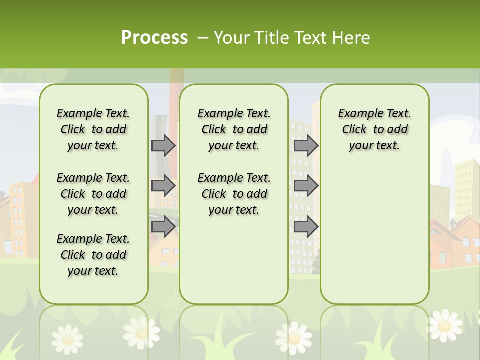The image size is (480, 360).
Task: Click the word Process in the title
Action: click(x=154, y=38)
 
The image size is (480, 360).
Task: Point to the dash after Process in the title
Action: click(x=203, y=38)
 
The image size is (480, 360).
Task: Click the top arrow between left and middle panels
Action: click(x=163, y=145)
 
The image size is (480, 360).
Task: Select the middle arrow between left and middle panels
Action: click(x=163, y=186)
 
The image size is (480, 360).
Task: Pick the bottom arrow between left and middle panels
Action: click(x=163, y=226)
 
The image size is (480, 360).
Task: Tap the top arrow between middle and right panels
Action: click(x=306, y=145)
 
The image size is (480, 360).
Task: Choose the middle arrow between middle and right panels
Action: click(x=306, y=186)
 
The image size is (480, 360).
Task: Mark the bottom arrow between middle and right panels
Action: click(x=306, y=226)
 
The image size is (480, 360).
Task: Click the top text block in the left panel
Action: click(x=93, y=129)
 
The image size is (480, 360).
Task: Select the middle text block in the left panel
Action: click(x=93, y=194)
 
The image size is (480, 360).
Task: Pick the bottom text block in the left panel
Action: click(x=93, y=255)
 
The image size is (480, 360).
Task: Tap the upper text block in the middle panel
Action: click(x=234, y=129)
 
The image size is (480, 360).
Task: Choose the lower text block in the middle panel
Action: click(x=234, y=194)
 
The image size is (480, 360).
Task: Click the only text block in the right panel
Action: click(x=374, y=129)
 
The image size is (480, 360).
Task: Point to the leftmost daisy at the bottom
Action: click(x=67, y=338)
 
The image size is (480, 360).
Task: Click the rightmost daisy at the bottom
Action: click(x=444, y=325)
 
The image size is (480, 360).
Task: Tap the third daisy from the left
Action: click(x=294, y=338)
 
